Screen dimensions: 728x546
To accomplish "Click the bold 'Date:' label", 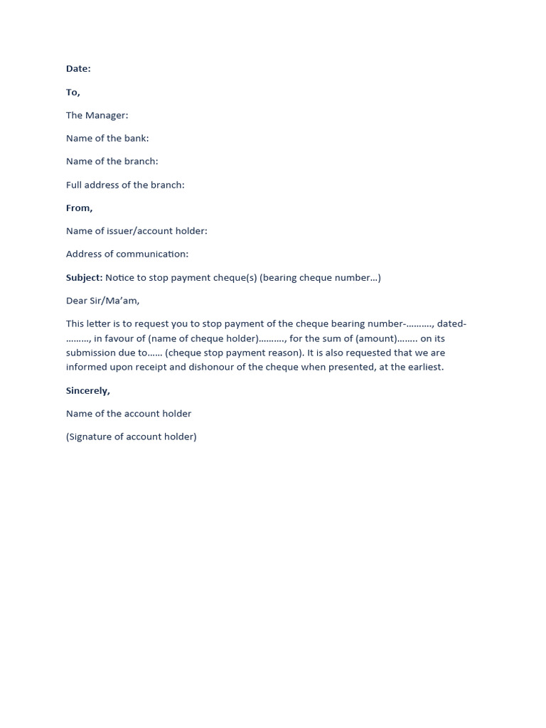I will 78,69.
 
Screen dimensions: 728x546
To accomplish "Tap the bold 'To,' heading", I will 73,92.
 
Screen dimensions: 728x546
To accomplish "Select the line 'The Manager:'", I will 97,115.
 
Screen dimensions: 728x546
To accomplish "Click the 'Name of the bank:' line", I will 107,139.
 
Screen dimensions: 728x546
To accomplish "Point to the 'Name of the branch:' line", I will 112,161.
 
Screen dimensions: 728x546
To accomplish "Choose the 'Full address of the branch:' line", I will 125,185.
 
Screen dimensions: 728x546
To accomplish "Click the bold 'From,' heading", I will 80,208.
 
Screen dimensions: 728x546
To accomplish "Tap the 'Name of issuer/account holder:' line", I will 136,231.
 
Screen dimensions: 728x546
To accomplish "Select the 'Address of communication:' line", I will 127,254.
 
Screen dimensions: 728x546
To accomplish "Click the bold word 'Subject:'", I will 85,277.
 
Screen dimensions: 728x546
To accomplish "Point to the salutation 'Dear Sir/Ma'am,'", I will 103,301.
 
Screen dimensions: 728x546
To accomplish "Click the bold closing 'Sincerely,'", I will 88,390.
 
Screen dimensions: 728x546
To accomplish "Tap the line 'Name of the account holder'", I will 129,414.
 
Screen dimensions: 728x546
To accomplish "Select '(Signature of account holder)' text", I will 132,437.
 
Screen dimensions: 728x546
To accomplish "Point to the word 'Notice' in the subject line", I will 120,277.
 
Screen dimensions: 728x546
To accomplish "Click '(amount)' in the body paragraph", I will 377,338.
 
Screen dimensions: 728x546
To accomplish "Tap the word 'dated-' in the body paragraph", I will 451,324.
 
